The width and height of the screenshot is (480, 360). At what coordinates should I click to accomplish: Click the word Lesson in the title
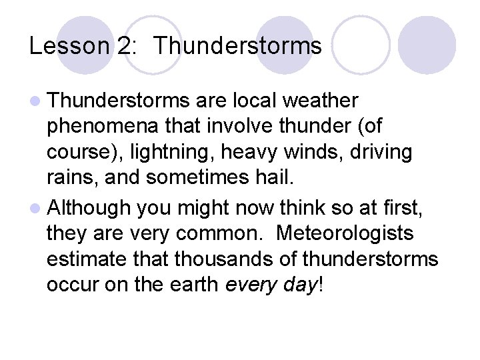coord(68,46)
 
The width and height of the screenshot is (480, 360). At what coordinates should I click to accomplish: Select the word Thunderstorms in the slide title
coord(241,46)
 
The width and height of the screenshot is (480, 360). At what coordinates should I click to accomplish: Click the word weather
coord(321,101)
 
